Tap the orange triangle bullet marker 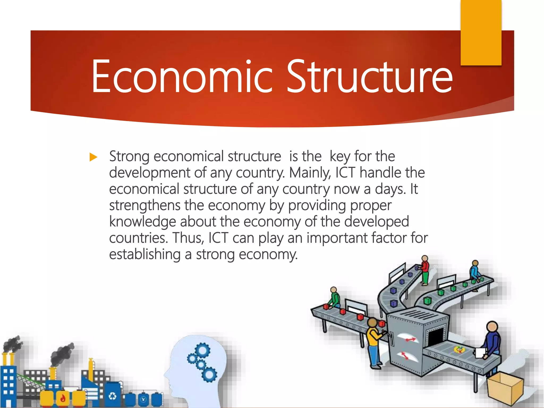pyautogui.click(x=93, y=157)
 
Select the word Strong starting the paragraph pyautogui.click(x=129, y=157)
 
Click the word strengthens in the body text pyautogui.click(x=145, y=205)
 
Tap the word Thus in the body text pyautogui.click(x=188, y=238)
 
